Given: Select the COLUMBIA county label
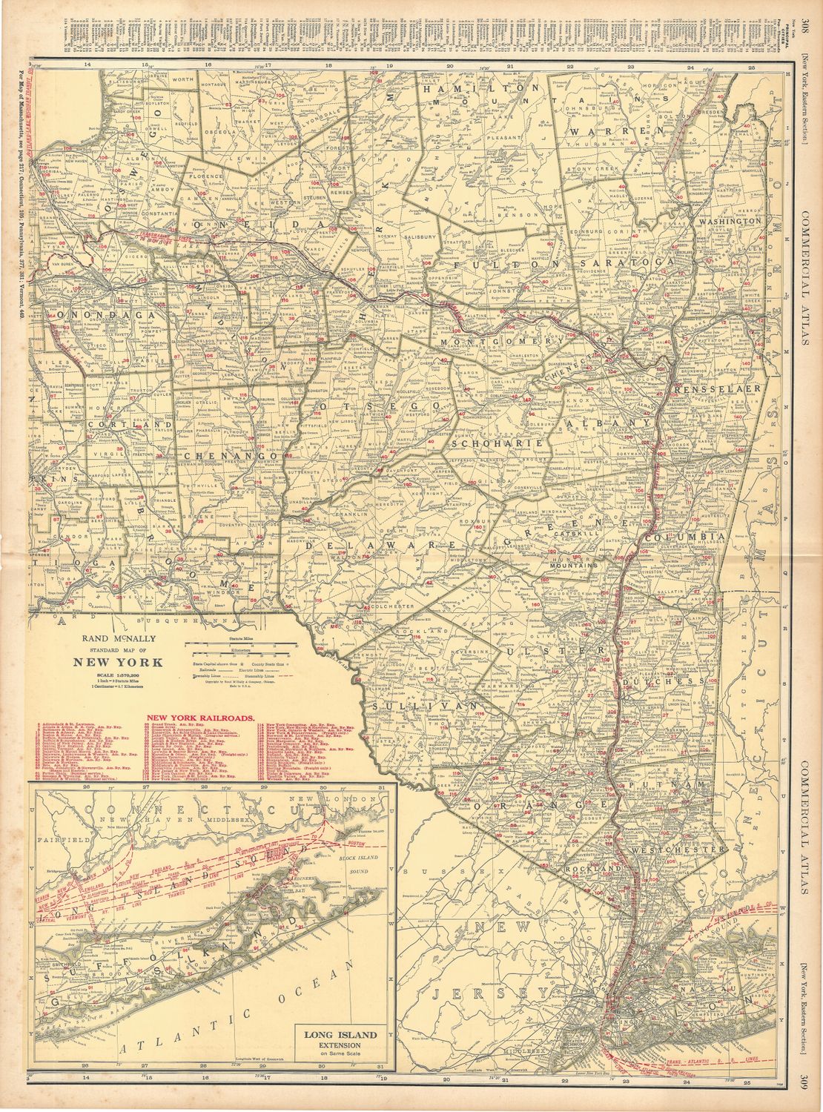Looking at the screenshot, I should tap(683, 536).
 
